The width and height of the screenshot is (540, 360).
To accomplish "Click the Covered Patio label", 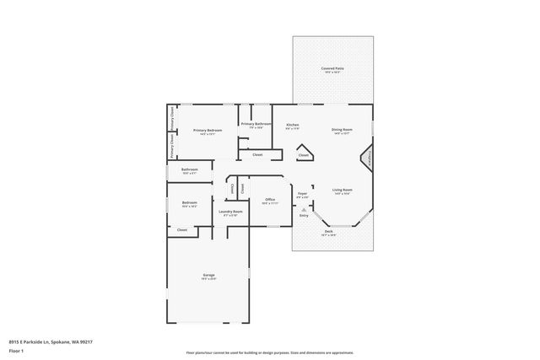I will click(x=332, y=69).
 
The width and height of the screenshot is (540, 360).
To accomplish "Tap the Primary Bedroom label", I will click(x=208, y=131).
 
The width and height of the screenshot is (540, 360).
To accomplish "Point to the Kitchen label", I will click(x=292, y=125).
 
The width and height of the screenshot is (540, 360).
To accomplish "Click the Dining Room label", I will click(x=341, y=131).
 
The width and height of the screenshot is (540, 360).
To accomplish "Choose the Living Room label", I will click(x=341, y=191).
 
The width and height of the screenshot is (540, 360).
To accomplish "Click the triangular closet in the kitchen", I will click(x=303, y=155).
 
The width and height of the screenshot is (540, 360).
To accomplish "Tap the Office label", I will click(x=270, y=201).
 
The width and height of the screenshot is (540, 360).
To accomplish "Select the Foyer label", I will click(x=302, y=196).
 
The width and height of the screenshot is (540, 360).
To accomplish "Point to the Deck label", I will click(x=328, y=233).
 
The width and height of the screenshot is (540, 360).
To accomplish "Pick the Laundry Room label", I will click(x=230, y=212).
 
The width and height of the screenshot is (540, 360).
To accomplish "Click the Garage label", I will click(x=208, y=277).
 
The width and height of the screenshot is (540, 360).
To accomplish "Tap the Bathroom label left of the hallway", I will click(x=189, y=170).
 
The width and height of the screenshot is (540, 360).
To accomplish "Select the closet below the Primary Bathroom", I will click(x=257, y=154).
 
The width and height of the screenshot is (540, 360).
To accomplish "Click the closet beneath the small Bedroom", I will click(x=182, y=229).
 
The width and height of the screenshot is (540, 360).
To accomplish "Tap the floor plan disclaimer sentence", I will click(x=270, y=352).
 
